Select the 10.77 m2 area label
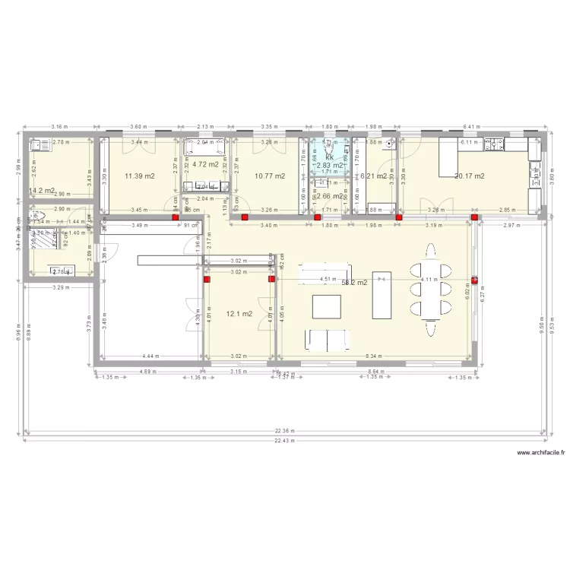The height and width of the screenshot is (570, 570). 270,176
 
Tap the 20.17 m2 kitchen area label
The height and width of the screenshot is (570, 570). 469,176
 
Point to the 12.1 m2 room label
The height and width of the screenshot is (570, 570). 238,313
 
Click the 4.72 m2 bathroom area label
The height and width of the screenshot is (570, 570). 205,163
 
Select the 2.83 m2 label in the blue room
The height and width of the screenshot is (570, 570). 330,165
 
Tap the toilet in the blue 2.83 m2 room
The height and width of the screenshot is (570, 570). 328,147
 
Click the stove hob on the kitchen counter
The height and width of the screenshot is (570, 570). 498,142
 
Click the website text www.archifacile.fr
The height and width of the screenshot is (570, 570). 542,453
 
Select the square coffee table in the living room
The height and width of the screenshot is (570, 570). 328,305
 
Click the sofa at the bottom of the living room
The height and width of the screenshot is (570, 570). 327,340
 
